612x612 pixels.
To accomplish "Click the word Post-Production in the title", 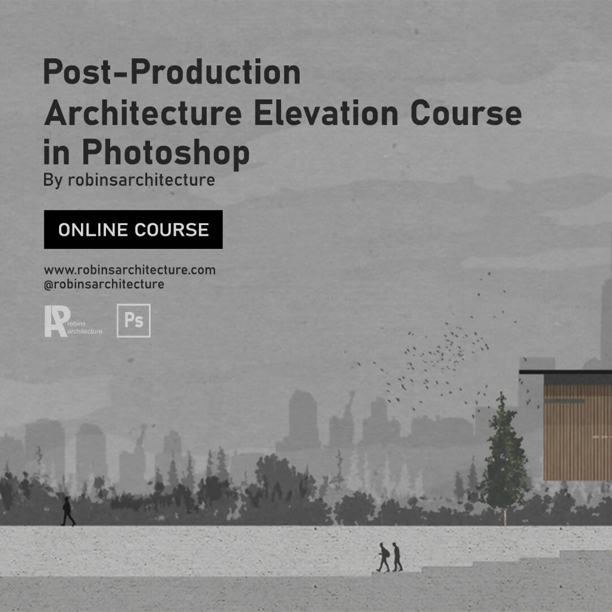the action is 172,72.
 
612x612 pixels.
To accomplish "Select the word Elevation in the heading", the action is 326,113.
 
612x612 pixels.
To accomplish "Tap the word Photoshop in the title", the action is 165,153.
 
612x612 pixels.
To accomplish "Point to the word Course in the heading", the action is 466,113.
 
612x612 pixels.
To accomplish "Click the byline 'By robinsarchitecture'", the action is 129,180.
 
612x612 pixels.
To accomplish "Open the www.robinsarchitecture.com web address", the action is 130,270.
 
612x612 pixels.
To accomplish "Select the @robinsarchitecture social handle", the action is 104,284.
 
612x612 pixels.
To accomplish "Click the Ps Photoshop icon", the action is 134,320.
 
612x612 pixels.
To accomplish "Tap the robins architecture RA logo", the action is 73,321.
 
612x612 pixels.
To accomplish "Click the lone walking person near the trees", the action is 67,511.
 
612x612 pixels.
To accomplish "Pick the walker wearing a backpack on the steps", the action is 384,558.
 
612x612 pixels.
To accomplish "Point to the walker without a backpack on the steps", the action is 397,557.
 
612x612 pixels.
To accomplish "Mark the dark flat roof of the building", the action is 565,372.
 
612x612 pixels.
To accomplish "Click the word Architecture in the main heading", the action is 143,113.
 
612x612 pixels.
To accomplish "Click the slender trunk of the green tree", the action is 505,517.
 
